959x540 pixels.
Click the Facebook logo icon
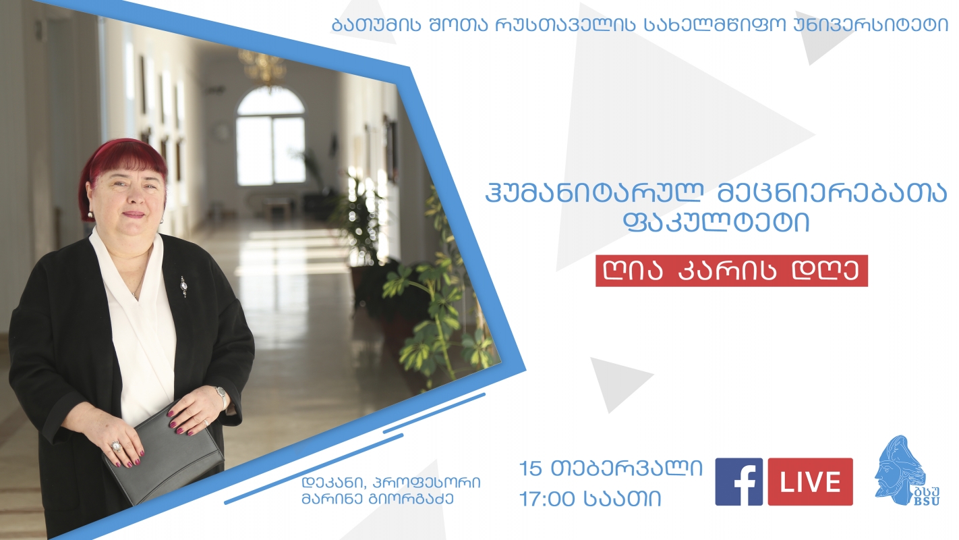coord(738,482)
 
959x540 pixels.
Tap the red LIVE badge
coord(811,482)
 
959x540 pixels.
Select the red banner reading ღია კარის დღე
coord(732,271)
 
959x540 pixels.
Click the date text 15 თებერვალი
coord(611,468)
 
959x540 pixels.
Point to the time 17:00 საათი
coord(591,499)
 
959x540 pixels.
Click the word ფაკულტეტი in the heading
coord(717,223)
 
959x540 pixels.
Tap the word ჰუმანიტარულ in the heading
coord(595,194)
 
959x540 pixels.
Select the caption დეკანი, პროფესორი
coord(391,483)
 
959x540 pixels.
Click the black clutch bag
coord(164,454)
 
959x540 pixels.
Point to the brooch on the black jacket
coord(183,286)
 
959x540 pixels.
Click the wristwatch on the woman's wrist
coord(222,397)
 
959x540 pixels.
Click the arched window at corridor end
coord(270,136)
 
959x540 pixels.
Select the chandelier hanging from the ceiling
coord(262,67)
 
